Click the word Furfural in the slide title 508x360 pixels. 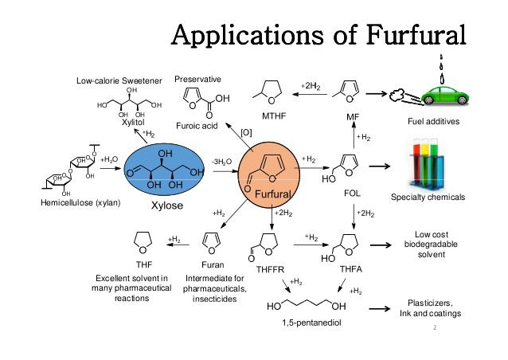click(x=416, y=34)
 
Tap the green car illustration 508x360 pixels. click(x=445, y=96)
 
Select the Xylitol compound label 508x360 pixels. click(x=133, y=123)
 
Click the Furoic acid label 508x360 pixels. click(x=197, y=126)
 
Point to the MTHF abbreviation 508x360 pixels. click(x=274, y=116)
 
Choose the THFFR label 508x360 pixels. click(x=270, y=269)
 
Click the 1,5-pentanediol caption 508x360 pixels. click(x=311, y=323)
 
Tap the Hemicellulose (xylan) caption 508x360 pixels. click(x=80, y=203)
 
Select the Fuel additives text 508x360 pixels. click(x=433, y=122)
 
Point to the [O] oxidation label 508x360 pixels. click(x=246, y=133)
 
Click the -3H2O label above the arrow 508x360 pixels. click(x=222, y=162)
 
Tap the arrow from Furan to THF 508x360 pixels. click(x=178, y=245)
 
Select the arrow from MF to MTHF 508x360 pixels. click(x=310, y=94)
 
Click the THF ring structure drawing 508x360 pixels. click(x=143, y=242)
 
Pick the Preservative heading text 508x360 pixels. click(x=197, y=80)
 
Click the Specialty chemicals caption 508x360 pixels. click(x=428, y=197)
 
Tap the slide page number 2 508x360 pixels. click(x=435, y=327)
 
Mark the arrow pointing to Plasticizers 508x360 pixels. click(x=380, y=308)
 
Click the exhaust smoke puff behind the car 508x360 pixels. click(x=395, y=95)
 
